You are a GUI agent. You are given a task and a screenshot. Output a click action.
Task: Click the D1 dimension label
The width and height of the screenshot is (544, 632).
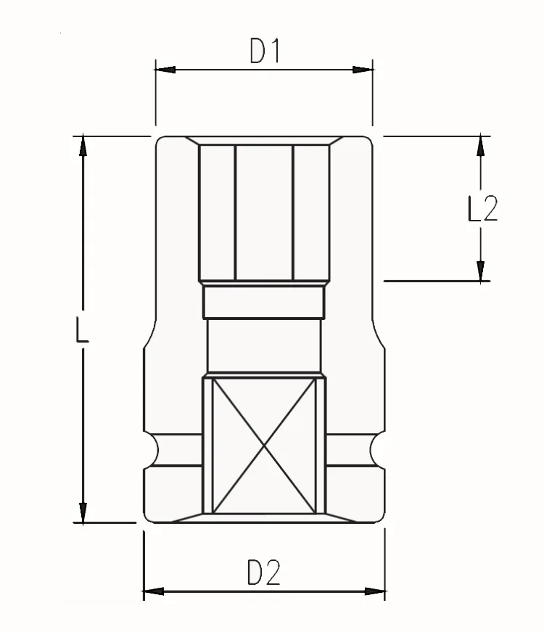pos(264,51)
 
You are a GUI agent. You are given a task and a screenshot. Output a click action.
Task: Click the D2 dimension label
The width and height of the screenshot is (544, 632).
pos(263,573)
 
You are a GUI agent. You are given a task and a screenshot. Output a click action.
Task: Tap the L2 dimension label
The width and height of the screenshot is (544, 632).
pos(483,208)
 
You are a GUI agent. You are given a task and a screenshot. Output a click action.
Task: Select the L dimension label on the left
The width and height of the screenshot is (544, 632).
pos(82,329)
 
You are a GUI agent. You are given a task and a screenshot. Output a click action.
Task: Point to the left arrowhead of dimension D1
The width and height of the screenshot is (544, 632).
pos(165,70)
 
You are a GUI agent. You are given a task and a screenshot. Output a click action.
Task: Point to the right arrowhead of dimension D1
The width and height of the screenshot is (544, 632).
pos(362,70)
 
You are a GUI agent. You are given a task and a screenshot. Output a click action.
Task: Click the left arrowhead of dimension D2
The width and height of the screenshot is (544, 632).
pos(154,591)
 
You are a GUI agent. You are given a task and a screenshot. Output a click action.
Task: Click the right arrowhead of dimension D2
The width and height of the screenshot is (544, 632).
pos(375,591)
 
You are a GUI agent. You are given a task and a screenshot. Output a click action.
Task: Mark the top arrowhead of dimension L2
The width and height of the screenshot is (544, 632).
pos(480,146)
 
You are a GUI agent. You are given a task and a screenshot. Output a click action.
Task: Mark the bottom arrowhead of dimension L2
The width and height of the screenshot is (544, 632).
pos(480,271)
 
